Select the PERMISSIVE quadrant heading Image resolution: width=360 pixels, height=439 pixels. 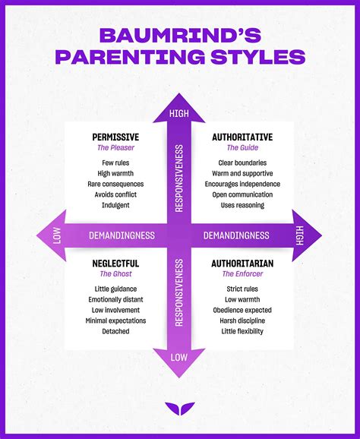115,137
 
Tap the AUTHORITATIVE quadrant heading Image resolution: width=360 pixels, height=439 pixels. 242,137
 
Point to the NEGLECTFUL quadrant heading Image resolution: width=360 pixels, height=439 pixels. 115,263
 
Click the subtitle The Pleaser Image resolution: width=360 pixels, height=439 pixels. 115,148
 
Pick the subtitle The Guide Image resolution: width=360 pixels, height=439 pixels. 243,148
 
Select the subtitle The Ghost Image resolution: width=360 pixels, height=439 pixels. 115,274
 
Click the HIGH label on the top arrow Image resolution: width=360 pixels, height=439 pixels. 179,114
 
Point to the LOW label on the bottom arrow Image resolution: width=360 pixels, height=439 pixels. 179,356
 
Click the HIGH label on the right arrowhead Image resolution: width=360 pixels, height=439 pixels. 301,235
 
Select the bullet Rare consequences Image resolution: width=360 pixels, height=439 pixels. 115,185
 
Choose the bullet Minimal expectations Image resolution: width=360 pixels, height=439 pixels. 115,321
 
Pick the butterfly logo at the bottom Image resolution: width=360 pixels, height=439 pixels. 179,408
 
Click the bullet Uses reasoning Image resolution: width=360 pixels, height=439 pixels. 243,205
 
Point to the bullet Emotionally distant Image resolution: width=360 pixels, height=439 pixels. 115,299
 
